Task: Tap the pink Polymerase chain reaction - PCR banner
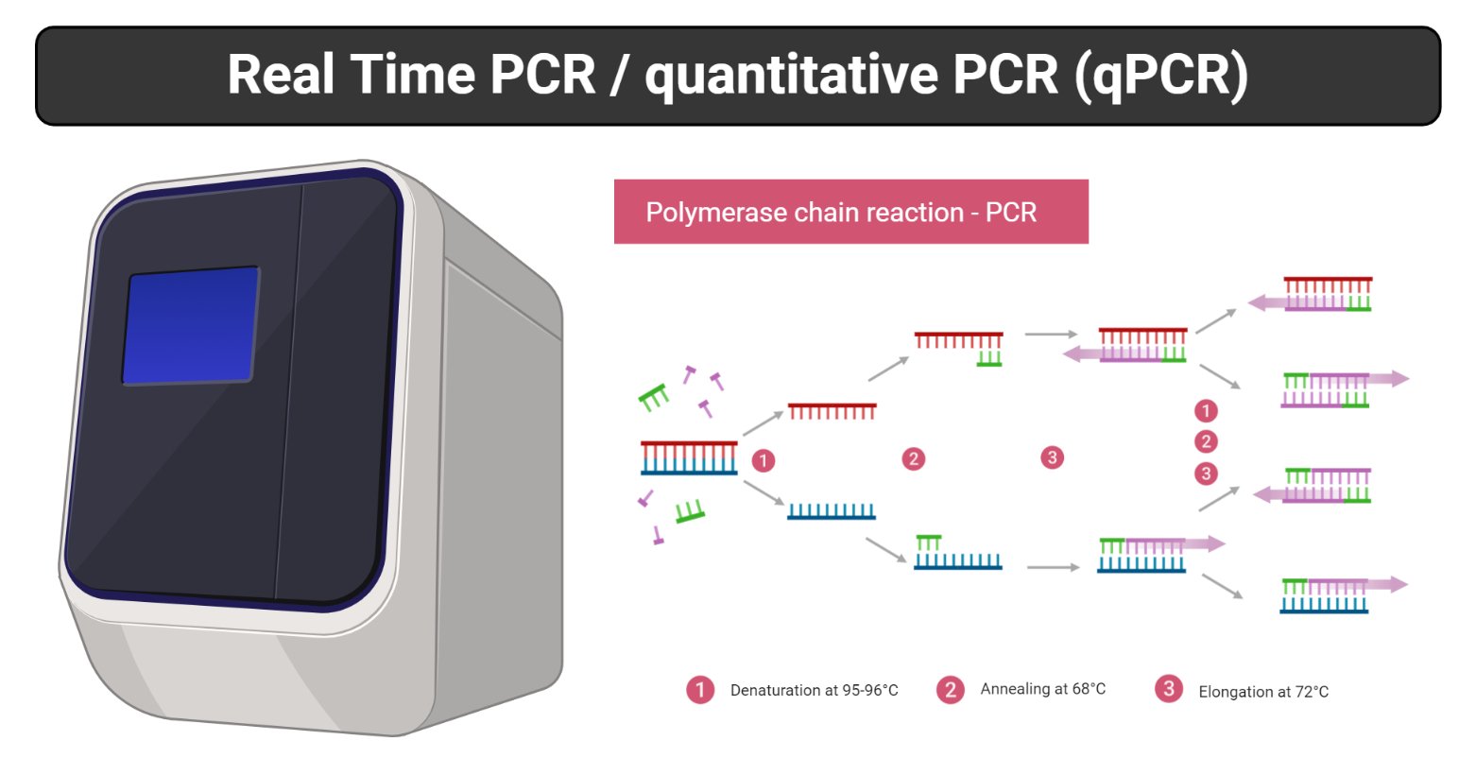(850, 212)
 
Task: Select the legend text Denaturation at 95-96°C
(814, 691)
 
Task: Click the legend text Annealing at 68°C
(1042, 689)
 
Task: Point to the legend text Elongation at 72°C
(1262, 692)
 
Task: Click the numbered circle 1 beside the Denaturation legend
(700, 690)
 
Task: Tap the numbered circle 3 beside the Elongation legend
(1169, 689)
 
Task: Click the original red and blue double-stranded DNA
(689, 457)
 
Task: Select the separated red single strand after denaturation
(832, 411)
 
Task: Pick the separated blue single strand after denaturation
(832, 511)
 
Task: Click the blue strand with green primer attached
(956, 554)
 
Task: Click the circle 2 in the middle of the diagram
(913, 459)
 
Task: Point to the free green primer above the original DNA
(654, 398)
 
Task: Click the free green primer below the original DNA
(690, 511)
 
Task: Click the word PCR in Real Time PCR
(542, 76)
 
